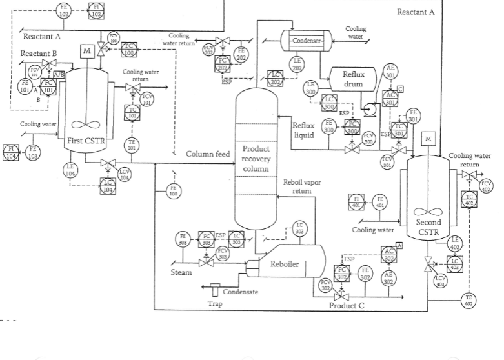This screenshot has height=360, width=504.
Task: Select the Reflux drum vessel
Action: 353,79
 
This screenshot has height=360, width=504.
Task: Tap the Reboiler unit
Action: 284,263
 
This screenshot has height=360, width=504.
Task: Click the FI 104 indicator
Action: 11,153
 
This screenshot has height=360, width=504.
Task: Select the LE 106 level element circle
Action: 70,170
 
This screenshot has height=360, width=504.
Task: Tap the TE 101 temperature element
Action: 131,145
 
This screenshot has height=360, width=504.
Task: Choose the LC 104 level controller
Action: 108,186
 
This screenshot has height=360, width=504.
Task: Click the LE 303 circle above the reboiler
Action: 299,227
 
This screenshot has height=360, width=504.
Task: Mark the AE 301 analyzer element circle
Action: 390,71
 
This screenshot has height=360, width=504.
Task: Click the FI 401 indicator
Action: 357,200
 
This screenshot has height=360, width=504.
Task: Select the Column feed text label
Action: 208,154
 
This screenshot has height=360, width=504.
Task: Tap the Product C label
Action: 347,305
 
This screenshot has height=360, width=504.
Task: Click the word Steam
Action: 181,272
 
